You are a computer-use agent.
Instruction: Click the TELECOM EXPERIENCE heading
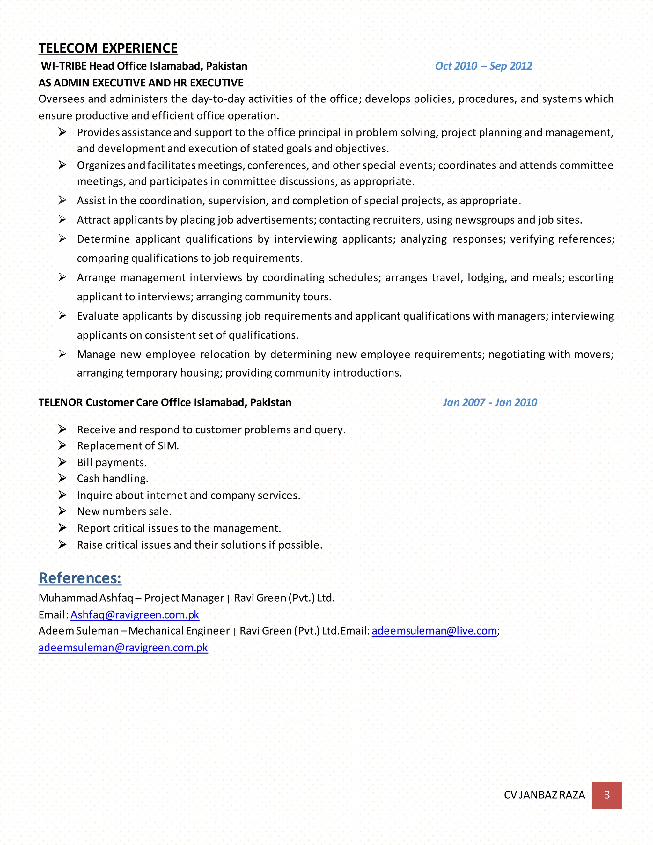click(x=108, y=48)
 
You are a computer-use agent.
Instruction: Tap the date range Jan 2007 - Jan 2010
click(x=489, y=402)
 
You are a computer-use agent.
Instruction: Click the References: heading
click(x=80, y=578)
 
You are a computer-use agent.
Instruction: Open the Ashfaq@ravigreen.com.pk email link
click(x=135, y=615)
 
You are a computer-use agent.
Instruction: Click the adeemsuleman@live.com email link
click(x=434, y=631)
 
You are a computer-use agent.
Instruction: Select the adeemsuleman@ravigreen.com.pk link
click(x=123, y=648)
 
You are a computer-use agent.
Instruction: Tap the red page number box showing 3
click(x=606, y=795)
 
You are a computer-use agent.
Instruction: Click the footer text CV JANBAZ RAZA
click(x=544, y=795)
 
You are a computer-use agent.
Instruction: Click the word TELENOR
click(x=61, y=402)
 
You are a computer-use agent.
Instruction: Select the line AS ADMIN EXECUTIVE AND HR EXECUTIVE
click(x=141, y=83)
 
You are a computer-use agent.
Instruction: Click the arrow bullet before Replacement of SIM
click(x=62, y=446)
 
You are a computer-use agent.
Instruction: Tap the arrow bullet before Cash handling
click(x=62, y=479)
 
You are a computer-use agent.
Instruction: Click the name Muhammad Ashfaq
click(x=85, y=598)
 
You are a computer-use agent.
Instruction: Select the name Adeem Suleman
click(x=78, y=631)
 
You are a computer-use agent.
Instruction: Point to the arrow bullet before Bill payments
click(x=62, y=462)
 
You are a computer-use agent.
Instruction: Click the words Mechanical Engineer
click(x=179, y=631)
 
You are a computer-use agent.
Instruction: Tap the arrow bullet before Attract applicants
click(x=62, y=220)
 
